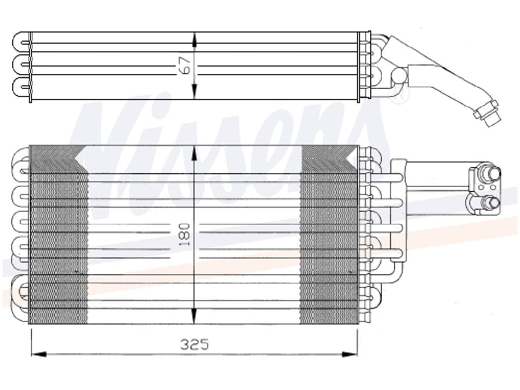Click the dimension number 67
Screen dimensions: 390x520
(185, 66)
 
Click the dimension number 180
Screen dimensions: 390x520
(185, 234)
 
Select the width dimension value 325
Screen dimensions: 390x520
(194, 345)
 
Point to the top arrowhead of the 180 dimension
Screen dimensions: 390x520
(194, 152)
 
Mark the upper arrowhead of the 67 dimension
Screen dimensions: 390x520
(194, 38)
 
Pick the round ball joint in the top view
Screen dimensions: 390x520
(399, 76)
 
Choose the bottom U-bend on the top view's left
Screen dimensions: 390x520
(20, 86)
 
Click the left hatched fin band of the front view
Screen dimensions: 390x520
(58, 239)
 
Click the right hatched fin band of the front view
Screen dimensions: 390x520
(329, 239)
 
